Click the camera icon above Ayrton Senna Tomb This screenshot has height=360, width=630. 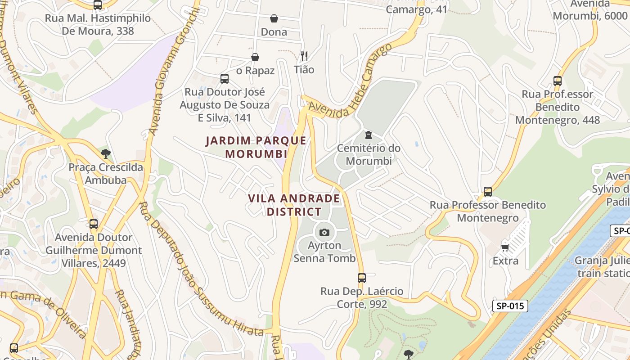[x=324, y=232]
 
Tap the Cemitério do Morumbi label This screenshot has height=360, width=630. [x=369, y=154]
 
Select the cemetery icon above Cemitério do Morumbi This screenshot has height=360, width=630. [x=369, y=135]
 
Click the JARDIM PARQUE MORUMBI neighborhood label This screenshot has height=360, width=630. [x=256, y=147]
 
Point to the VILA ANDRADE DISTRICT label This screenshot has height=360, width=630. [x=294, y=205]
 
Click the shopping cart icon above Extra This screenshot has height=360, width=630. [x=505, y=247]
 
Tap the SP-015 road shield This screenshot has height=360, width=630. [x=510, y=306]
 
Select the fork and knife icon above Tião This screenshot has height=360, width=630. [x=304, y=56]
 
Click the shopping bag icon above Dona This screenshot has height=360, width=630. [x=274, y=18]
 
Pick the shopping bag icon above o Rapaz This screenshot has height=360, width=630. [x=255, y=57]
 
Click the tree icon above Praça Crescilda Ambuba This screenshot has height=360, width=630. [x=106, y=154]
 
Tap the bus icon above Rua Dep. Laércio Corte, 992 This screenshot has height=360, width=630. [x=362, y=278]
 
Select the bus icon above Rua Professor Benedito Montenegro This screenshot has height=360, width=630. [x=488, y=192]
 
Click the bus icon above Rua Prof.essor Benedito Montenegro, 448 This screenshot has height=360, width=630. [x=558, y=81]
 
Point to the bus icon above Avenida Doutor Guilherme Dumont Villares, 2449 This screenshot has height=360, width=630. [x=94, y=224]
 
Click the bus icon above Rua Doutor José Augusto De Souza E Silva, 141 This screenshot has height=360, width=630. [x=225, y=79]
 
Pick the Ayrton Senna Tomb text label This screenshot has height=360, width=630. [x=324, y=252]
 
